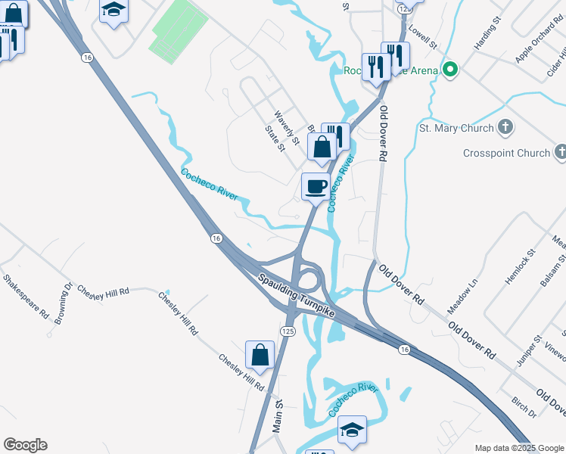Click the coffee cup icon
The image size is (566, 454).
pyautogui.click(x=316, y=186)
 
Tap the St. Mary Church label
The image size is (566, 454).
pyautogui.click(x=456, y=128)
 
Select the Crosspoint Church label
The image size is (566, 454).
pyautogui.click(x=507, y=153)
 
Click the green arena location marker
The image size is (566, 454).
pyautogui.click(x=451, y=71)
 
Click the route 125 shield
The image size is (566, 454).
pyautogui.click(x=287, y=331)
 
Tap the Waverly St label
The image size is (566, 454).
pyautogui.click(x=288, y=127)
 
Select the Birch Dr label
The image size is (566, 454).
pyautogui.click(x=524, y=407)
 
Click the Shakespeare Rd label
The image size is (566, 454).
pyautogui.click(x=26, y=297)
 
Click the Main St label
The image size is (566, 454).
pyautogui.click(x=278, y=417)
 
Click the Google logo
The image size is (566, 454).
pyautogui.click(x=25, y=445)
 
